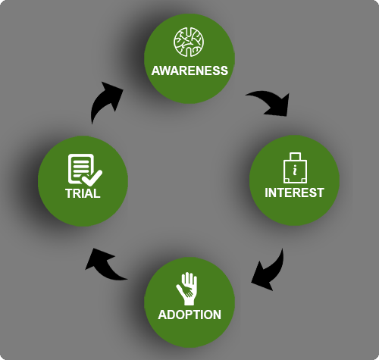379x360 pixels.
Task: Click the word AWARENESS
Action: (x=189, y=70)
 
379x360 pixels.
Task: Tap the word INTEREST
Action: (x=294, y=193)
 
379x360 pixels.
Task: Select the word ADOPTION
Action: (x=189, y=315)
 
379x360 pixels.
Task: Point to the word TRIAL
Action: (x=83, y=193)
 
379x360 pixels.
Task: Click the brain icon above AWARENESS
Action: (x=189, y=42)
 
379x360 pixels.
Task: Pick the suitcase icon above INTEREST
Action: (x=295, y=167)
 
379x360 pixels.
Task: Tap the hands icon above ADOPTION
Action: (x=186, y=289)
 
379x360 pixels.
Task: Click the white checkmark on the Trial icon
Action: (x=92, y=178)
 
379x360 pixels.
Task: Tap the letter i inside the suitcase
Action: (x=295, y=171)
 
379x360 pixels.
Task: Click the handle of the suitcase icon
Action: (x=295, y=156)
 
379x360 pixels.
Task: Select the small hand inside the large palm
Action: (x=185, y=290)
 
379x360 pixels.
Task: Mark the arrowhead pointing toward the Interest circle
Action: (x=279, y=106)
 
